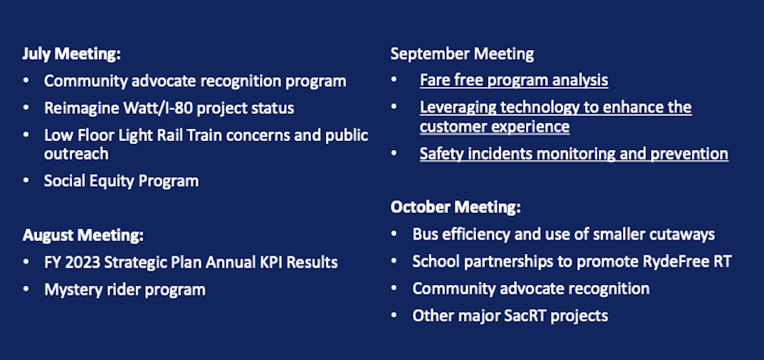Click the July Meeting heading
tap(71, 55)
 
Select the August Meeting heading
tap(83, 235)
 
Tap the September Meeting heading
tap(462, 54)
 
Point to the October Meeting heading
tap(456, 207)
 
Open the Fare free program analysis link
tap(514, 80)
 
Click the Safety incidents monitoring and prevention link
tap(574, 154)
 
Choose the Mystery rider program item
tap(124, 290)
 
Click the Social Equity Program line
tap(121, 181)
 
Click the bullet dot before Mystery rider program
tap(27, 290)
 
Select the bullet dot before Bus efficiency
tap(395, 234)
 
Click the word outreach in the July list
tap(76, 154)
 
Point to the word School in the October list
tap(434, 261)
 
